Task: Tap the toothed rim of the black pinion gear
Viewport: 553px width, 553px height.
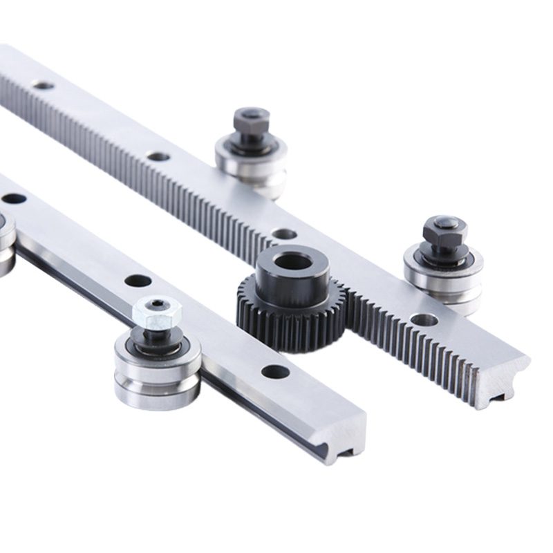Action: (x=290, y=325)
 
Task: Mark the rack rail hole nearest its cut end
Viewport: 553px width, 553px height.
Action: (x=423, y=319)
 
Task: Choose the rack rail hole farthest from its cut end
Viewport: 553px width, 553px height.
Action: (x=44, y=86)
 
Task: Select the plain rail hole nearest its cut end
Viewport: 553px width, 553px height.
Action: (x=275, y=372)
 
